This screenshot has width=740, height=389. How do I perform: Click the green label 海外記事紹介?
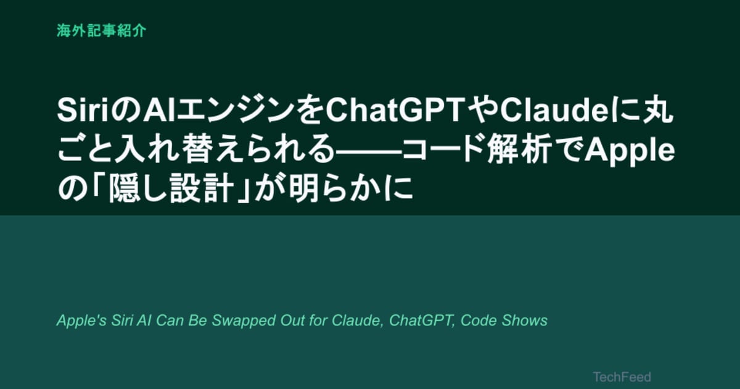101,31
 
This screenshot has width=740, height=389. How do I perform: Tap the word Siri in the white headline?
83,110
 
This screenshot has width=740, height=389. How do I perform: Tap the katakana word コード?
443,151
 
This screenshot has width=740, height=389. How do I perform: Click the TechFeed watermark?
622,377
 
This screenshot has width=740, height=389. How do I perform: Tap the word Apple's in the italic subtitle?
81,320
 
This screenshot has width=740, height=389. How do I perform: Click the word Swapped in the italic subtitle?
244,321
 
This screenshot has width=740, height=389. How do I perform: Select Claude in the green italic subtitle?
358,320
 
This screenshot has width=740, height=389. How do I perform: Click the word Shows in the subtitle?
524,320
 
